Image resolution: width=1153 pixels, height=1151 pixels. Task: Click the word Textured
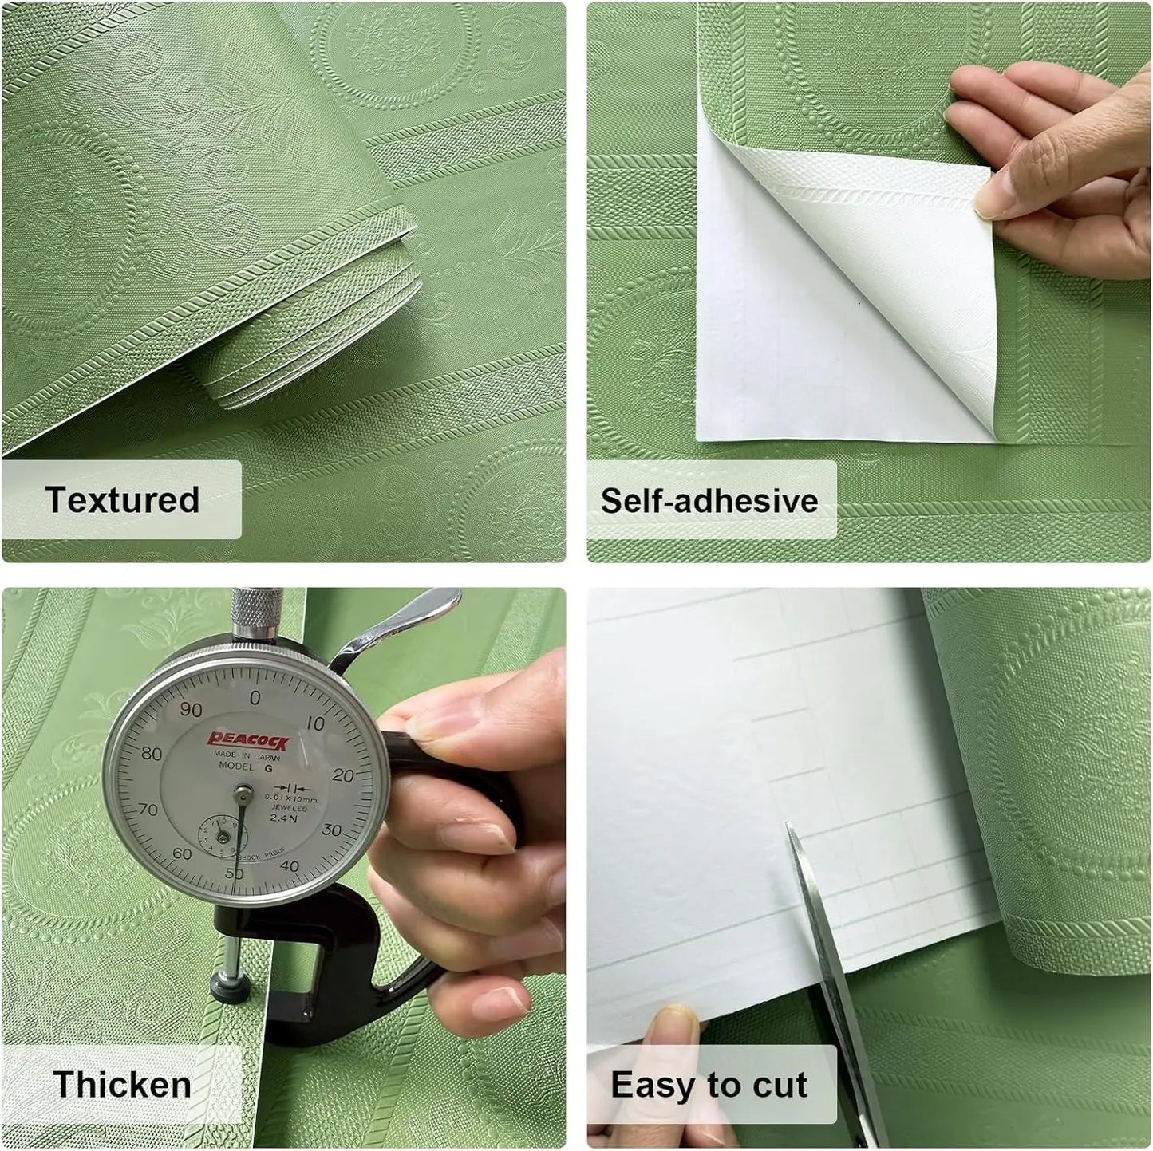click(x=122, y=500)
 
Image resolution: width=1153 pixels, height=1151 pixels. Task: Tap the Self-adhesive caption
click(x=709, y=501)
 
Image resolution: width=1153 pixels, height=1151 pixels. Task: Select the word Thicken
click(x=122, y=1085)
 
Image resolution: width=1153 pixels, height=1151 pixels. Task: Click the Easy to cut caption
click(x=709, y=1085)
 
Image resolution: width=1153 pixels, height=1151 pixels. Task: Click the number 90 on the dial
click(x=191, y=710)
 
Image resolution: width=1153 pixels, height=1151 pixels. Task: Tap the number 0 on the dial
click(x=255, y=698)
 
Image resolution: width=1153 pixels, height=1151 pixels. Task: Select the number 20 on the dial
click(x=342, y=775)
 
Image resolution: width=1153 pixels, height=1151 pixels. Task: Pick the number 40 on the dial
click(x=290, y=866)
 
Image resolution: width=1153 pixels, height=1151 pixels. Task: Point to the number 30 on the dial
click(x=331, y=830)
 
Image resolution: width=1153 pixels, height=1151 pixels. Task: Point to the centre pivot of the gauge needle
click(x=243, y=793)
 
